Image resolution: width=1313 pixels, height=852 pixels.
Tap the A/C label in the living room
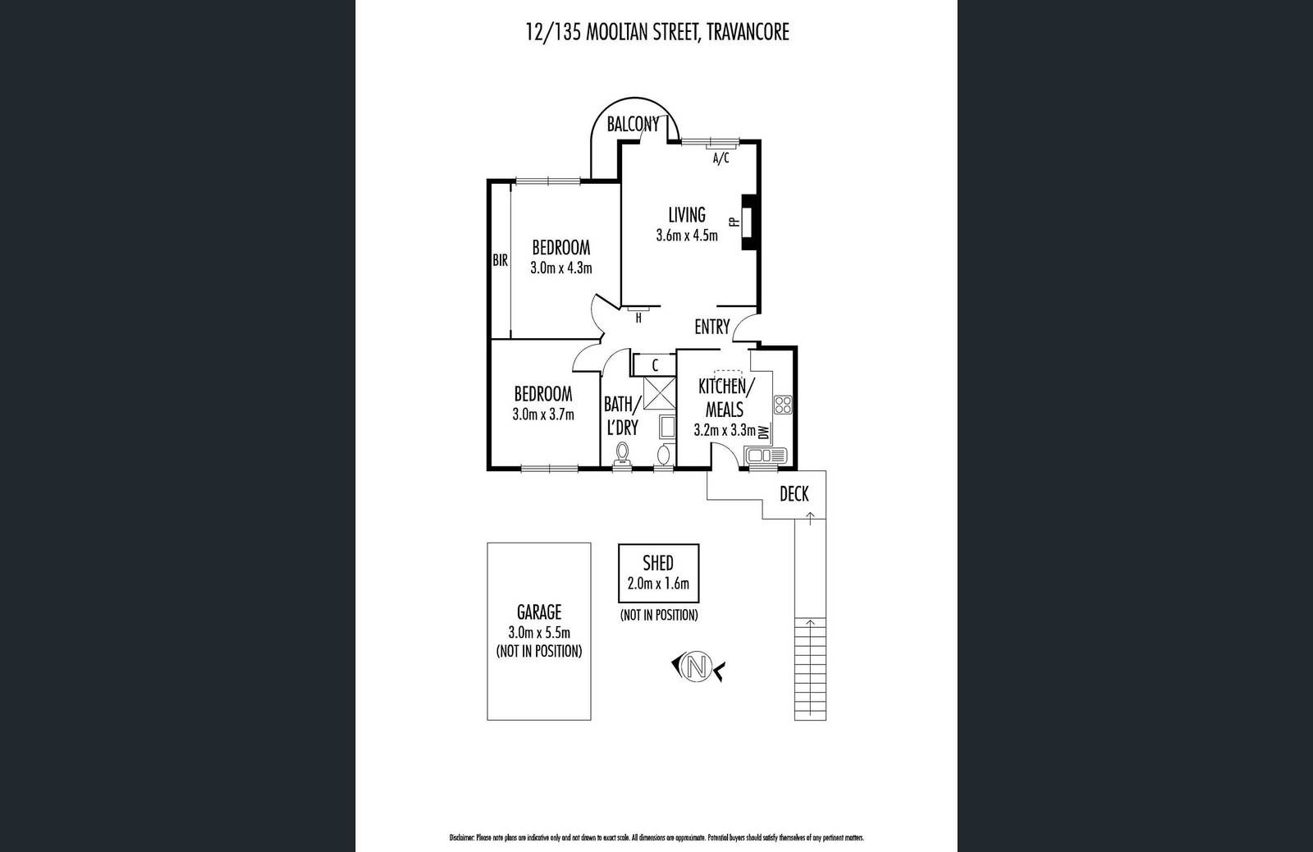[x=721, y=158]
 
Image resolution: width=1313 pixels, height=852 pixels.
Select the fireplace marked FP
[x=748, y=222]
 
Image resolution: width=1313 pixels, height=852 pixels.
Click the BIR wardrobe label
[x=500, y=261]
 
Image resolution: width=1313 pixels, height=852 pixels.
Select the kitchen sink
[x=765, y=455]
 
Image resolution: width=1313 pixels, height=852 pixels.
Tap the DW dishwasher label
[x=764, y=432]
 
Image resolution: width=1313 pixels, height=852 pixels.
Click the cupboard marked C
[x=655, y=364]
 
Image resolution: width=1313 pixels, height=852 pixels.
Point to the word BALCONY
[x=633, y=125]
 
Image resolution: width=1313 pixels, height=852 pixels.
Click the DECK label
[x=794, y=493]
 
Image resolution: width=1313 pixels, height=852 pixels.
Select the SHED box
[x=658, y=573]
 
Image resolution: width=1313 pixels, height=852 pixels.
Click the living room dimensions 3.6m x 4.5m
[x=687, y=236]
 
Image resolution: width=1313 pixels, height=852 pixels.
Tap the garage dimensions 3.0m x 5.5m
[x=538, y=632]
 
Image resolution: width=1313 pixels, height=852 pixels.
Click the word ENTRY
[x=711, y=327]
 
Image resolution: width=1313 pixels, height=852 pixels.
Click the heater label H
[x=638, y=318]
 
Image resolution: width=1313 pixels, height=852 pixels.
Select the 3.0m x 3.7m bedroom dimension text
[x=542, y=415]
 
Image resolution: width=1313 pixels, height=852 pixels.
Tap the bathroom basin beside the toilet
[x=664, y=454]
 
